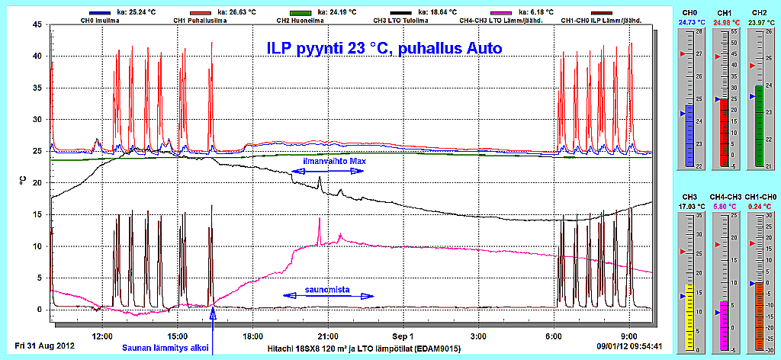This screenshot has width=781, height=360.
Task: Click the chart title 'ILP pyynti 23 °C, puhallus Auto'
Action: click(x=384, y=48)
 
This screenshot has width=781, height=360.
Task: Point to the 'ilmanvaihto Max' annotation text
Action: click(x=327, y=161)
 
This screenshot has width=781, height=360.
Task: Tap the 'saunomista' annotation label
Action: click(x=327, y=290)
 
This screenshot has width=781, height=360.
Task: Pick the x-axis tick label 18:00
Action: click(x=252, y=336)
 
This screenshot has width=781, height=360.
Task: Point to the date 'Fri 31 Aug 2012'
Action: click(x=43, y=346)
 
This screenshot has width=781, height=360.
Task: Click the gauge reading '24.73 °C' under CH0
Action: click(x=689, y=23)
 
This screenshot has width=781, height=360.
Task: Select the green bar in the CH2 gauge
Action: click(x=760, y=126)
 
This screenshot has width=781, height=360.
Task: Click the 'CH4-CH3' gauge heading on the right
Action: click(x=724, y=196)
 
